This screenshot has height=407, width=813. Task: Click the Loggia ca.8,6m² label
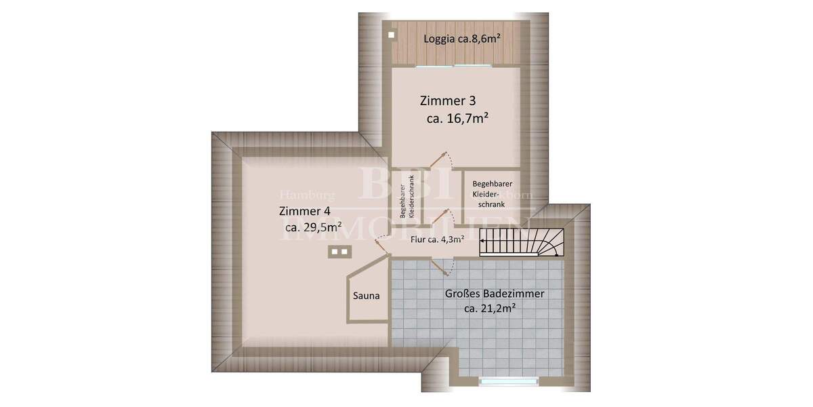pos(462,39)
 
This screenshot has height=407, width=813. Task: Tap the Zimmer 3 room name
pos(448,102)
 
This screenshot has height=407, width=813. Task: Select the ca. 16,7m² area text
pos(458,119)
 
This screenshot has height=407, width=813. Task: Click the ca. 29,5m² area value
pos(313,227)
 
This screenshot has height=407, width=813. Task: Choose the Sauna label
pos(367,296)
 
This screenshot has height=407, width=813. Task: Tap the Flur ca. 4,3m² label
pos(437,239)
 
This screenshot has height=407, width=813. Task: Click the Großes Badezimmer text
pos(495,294)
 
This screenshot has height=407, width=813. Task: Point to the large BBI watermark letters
pos(393,182)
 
